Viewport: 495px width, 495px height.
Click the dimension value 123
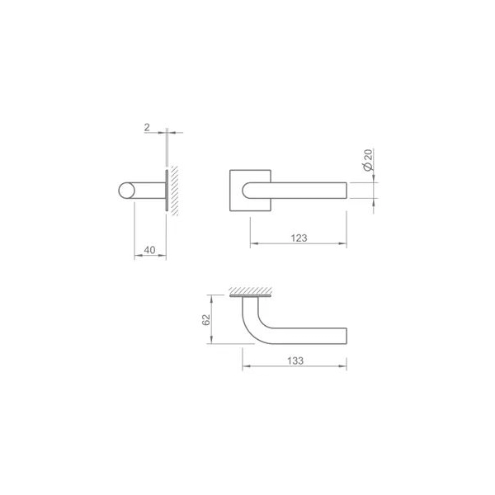299,238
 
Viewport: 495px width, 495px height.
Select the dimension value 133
295,361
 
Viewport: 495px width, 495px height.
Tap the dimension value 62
205,320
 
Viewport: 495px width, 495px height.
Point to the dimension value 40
149,250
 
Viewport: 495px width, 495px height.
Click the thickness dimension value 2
147,128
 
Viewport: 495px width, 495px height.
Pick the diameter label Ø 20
368,160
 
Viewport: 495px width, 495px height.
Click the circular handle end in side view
126,191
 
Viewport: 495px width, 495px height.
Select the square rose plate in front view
250,191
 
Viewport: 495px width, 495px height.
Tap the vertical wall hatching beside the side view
174,191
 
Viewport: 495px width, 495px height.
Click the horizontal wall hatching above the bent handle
250,290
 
